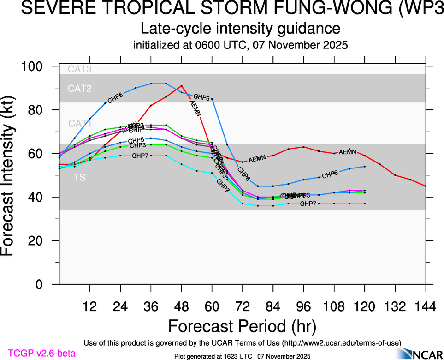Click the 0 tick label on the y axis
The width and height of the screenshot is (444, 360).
tap(40, 285)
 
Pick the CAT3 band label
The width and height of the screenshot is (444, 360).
tap(79, 70)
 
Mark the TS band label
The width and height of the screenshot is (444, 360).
tap(80, 177)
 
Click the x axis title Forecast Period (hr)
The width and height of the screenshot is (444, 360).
tap(242, 326)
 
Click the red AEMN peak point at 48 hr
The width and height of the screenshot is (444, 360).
tap(181, 86)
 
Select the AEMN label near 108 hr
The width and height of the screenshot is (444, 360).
tap(347, 152)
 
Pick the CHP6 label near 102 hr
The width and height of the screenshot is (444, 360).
tap(330, 175)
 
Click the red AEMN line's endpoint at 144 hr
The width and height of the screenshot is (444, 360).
tap(426, 186)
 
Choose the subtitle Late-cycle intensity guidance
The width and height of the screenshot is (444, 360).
tap(240, 29)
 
